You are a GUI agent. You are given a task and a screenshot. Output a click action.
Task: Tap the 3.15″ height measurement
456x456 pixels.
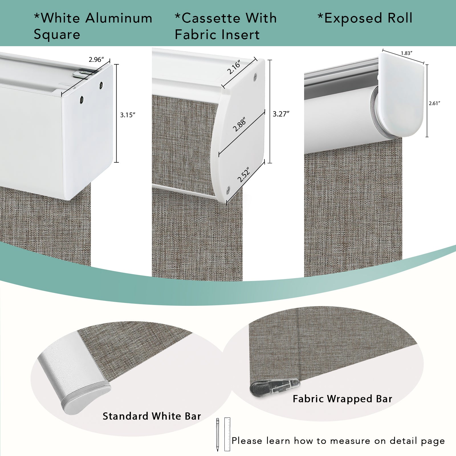click(127, 115)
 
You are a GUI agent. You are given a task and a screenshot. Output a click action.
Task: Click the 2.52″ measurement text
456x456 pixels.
click(244, 174)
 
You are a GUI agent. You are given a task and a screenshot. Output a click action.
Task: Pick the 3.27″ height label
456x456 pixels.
click(281, 114)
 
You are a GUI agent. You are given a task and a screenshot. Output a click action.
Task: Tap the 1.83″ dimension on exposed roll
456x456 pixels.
click(407, 53)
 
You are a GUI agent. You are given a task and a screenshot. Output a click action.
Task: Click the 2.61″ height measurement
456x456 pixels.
click(434, 103)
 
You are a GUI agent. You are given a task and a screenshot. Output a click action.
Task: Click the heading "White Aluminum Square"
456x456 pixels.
click(93, 26)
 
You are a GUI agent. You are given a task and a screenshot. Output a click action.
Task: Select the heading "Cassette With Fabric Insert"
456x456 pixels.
click(226, 26)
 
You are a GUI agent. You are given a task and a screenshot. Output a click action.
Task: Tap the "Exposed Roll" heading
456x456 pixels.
click(365, 18)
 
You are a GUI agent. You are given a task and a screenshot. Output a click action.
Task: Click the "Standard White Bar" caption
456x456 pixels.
click(152, 416)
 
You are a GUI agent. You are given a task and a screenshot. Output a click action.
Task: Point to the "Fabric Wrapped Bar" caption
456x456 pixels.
click(343, 399)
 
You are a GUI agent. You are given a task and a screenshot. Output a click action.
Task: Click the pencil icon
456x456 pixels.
click(217, 435)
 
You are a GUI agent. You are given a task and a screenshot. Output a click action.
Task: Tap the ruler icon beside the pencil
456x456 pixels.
click(227, 434)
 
